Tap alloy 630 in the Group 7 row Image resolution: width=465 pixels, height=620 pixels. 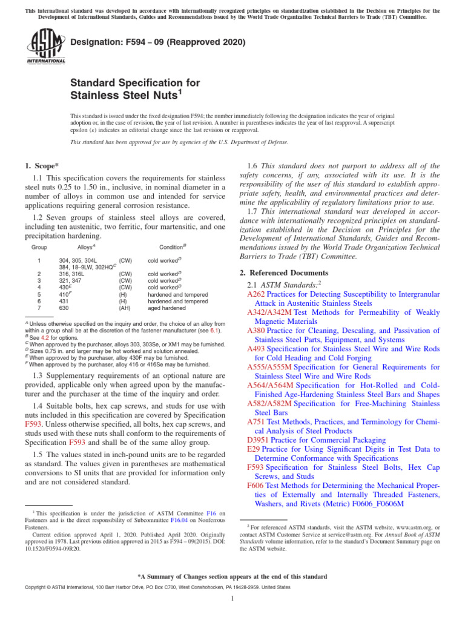(x=64, y=308)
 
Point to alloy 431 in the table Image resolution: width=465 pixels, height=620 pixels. (x=64, y=301)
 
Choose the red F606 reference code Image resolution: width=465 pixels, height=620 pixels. (x=256, y=485)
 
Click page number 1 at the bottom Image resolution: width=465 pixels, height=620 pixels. (x=232, y=599)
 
